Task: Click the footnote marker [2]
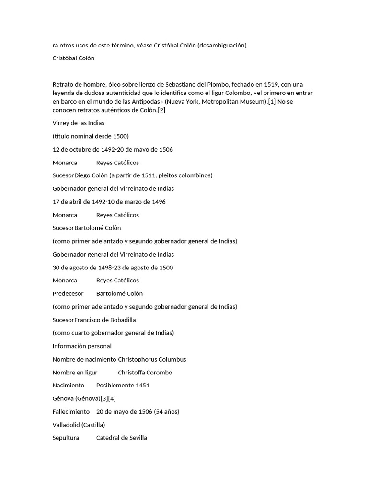tap(161, 110)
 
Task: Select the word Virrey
tap(61, 123)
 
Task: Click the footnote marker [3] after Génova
tap(104, 398)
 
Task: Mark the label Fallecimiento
tap(71, 412)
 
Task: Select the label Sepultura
tap(66, 438)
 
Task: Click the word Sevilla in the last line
tap(136, 438)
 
